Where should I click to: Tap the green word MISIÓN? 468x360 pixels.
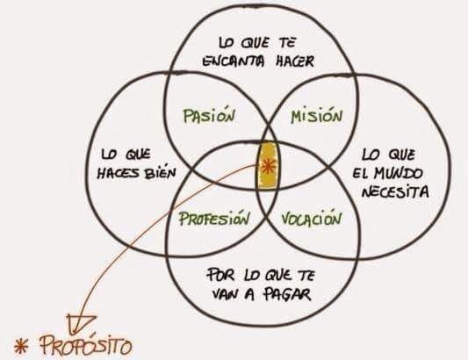(316, 115)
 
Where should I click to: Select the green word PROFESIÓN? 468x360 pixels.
(214, 218)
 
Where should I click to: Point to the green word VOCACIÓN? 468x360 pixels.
(311, 219)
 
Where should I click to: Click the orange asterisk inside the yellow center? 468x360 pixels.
(268, 166)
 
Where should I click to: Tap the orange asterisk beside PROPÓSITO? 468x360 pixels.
(21, 346)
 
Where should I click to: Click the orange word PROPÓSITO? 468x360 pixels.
(86, 345)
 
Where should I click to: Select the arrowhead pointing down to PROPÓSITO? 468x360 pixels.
(78, 323)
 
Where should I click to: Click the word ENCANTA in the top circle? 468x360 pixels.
(233, 61)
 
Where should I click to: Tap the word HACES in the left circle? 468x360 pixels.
(119, 173)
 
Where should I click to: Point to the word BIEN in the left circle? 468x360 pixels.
(161, 172)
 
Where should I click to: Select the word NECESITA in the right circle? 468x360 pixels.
(395, 191)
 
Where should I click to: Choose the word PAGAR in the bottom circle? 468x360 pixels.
(287, 294)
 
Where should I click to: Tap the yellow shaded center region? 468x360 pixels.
(268, 166)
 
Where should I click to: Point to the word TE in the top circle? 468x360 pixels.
(287, 43)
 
